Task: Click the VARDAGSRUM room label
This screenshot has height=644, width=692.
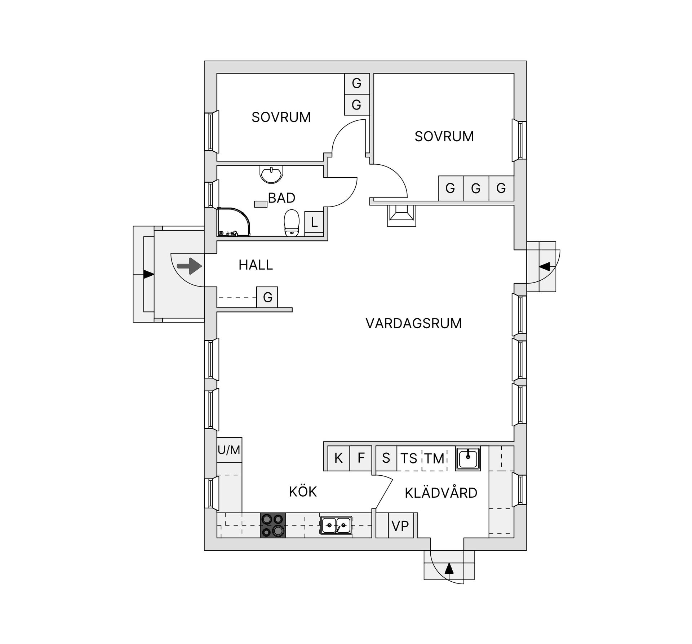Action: click(413, 323)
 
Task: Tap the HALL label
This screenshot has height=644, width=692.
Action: click(256, 265)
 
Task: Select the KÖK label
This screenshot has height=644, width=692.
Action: click(303, 492)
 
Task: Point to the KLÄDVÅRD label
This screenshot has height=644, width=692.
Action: click(441, 493)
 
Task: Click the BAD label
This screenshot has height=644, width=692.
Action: click(281, 198)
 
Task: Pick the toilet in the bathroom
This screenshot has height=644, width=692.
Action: click(292, 223)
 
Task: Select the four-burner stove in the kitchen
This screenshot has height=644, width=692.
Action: click(273, 525)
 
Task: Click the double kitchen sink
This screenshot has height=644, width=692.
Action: click(336, 525)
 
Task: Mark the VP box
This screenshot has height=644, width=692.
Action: click(400, 526)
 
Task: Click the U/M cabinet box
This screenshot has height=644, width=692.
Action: click(229, 450)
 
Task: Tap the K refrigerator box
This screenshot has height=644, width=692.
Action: click(338, 458)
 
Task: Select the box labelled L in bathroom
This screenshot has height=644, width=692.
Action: click(314, 222)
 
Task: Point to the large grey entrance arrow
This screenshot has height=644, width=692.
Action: click(190, 267)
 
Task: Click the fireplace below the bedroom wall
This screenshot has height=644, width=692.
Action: click(401, 215)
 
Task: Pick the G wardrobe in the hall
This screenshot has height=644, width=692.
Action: click(267, 297)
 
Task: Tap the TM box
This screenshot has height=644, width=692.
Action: click(434, 458)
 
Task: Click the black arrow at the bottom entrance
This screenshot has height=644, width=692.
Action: click(449, 568)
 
